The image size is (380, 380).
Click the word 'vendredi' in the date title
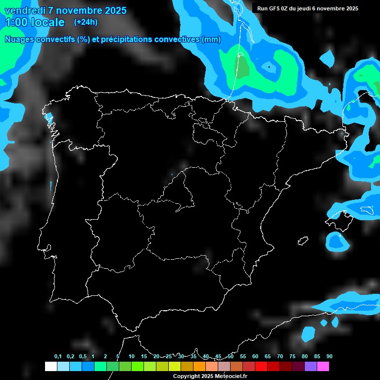pyautogui.click(x=24, y=10)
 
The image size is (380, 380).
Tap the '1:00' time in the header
pyautogui.click(x=16, y=22)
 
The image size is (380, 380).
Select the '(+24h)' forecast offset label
pyautogui.click(x=86, y=22)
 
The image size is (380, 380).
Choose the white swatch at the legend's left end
pyautogui.click(x=50, y=367)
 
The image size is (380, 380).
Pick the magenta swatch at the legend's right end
pyautogui.click(x=323, y=367)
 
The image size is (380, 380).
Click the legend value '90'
pyautogui.click(x=330, y=356)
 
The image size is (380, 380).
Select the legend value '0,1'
pyautogui.click(x=58, y=356)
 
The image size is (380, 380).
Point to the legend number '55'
pyautogui.click(x=243, y=356)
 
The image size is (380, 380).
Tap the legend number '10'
pyautogui.click(x=132, y=356)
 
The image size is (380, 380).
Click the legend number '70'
pyautogui.click(x=280, y=356)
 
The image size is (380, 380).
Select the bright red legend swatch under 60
pyautogui.click(x=261, y=367)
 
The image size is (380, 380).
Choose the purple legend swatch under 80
pyautogui.click(x=310, y=367)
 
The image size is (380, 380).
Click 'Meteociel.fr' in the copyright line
pyautogui.click(x=231, y=377)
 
